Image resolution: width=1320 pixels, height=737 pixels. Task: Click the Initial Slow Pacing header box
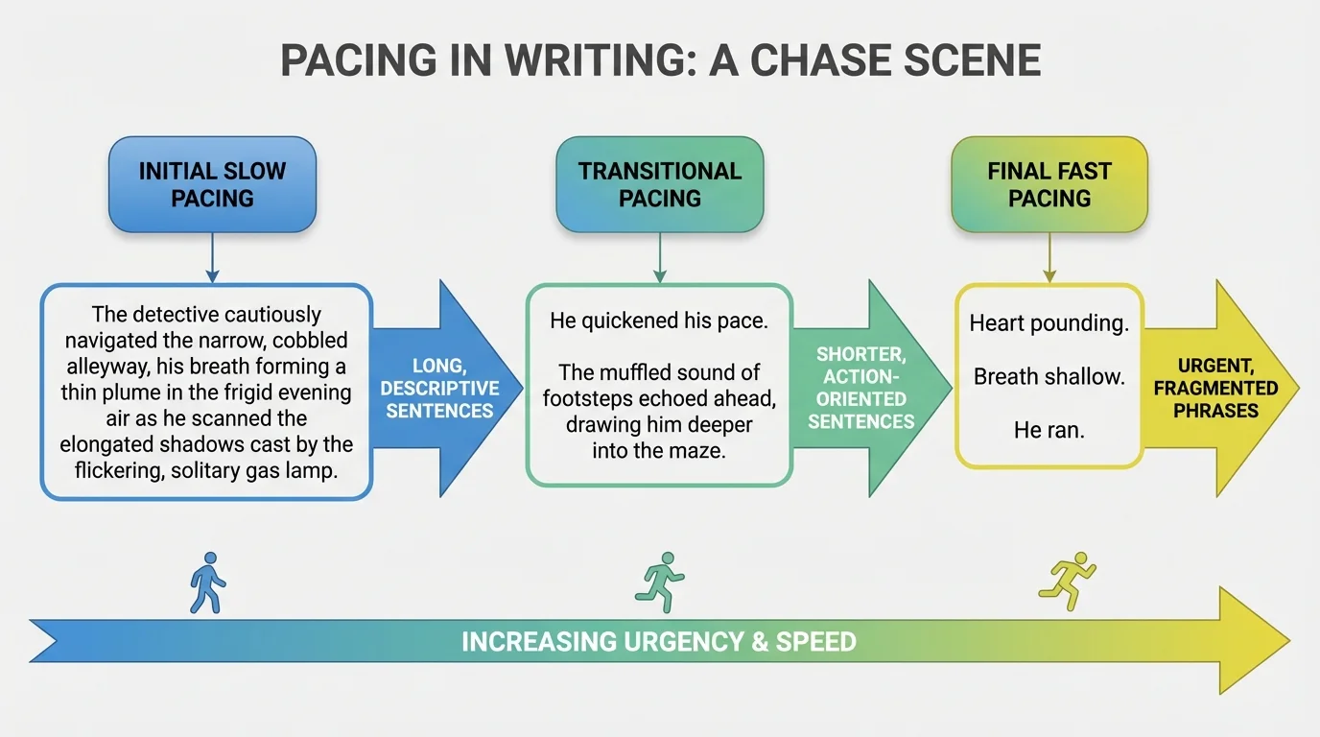[212, 184]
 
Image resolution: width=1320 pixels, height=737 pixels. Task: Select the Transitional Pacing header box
[659, 184]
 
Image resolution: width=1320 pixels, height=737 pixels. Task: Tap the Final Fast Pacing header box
[1049, 184]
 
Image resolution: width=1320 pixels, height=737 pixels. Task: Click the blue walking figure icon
[208, 582]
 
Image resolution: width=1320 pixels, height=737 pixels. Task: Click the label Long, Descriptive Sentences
[442, 389]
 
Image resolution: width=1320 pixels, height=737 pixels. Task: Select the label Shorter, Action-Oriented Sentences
[860, 388]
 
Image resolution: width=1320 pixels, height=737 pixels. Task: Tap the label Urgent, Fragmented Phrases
[1214, 388]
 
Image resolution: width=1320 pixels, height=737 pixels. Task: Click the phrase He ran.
[1049, 431]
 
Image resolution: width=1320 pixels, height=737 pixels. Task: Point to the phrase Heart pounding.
[1049, 323]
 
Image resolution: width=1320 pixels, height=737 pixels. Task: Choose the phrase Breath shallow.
[1049, 377]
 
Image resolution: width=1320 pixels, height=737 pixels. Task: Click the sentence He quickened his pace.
[658, 321]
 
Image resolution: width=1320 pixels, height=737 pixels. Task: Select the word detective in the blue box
[175, 315]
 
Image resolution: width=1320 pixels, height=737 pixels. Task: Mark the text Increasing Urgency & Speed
[658, 641]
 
